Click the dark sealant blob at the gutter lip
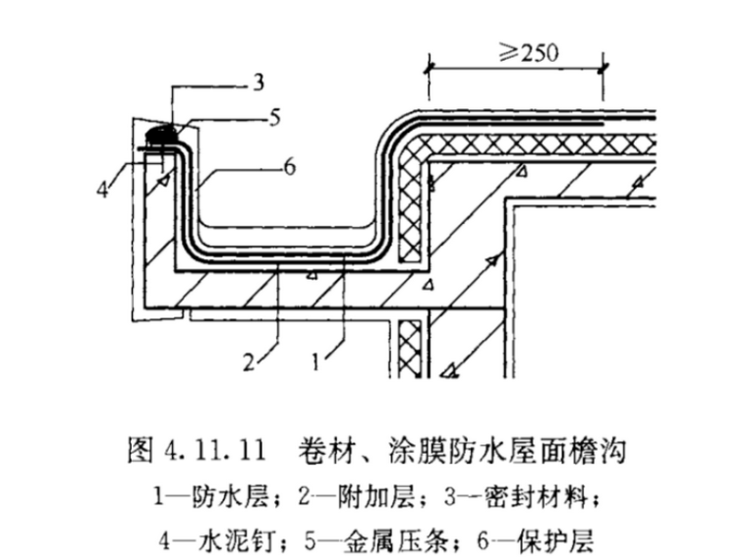click(x=161, y=130)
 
